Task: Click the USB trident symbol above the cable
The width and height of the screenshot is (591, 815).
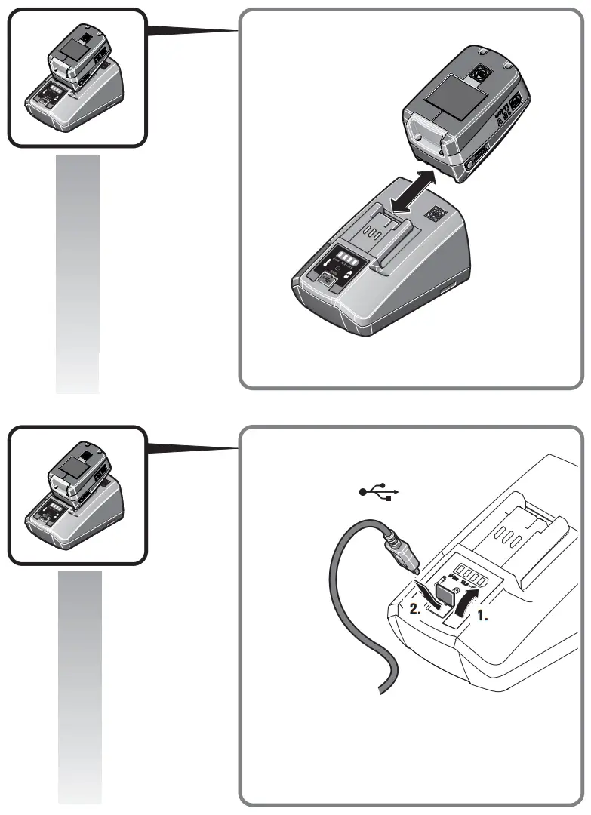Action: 378,493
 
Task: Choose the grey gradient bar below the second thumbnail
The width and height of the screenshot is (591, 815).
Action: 79,687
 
